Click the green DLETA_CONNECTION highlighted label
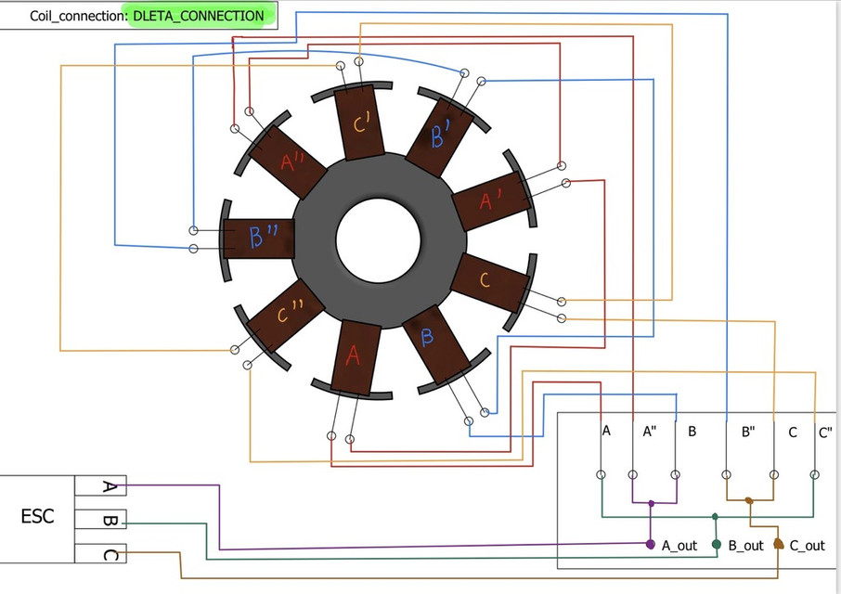pyautogui.click(x=199, y=16)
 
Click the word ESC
pyautogui.click(x=37, y=517)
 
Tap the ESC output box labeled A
pyautogui.click(x=108, y=486)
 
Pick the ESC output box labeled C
pyautogui.click(x=108, y=554)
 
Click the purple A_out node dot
pyautogui.click(x=650, y=544)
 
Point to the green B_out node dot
pyautogui.click(x=717, y=544)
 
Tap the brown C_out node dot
pyautogui.click(x=778, y=544)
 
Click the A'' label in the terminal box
pyautogui.click(x=649, y=432)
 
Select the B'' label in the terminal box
pyautogui.click(x=748, y=432)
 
